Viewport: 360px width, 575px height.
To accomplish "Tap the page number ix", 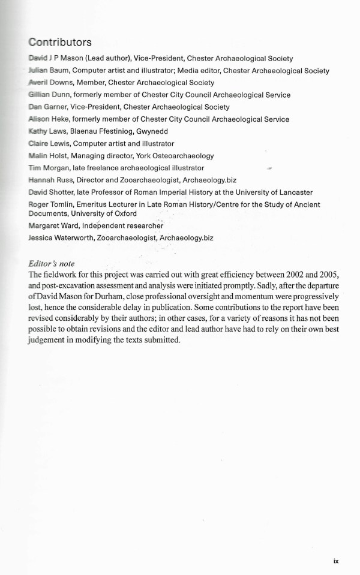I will pos(336,561).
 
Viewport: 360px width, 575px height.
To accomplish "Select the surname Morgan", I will pos(56,168).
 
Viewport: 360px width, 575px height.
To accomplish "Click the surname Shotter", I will pos(66,192).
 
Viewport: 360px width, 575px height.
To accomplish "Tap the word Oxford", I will pos(123,213).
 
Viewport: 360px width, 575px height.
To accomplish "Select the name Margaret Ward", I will pos(55,225).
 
